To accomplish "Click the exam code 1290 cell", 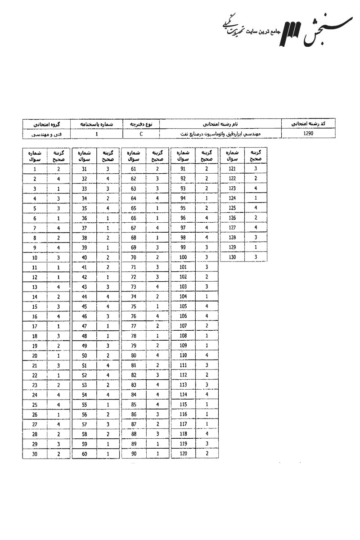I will pyautogui.click(x=308, y=134).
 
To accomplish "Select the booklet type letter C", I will pyautogui.click(x=141, y=134).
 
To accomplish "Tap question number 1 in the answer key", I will pyautogui.click(x=35, y=169).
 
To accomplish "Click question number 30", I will pyautogui.click(x=35, y=454).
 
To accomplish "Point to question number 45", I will pyautogui.click(x=84, y=307).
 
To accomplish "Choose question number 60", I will pyautogui.click(x=84, y=454).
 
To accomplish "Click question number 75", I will pyautogui.click(x=133, y=307).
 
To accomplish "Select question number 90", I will pyautogui.click(x=133, y=454).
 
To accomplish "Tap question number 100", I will pyautogui.click(x=183, y=257).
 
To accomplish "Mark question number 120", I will pyautogui.click(x=183, y=454).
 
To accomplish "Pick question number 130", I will pyautogui.click(x=232, y=257).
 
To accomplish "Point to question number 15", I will pyautogui.click(x=35, y=307).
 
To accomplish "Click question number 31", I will pyautogui.click(x=84, y=169).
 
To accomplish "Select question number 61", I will pyautogui.click(x=133, y=169).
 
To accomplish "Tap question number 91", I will pyautogui.click(x=183, y=169).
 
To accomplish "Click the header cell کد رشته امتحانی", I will pyautogui.click(x=309, y=123).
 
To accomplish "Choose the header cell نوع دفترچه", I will pyautogui.click(x=141, y=123).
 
